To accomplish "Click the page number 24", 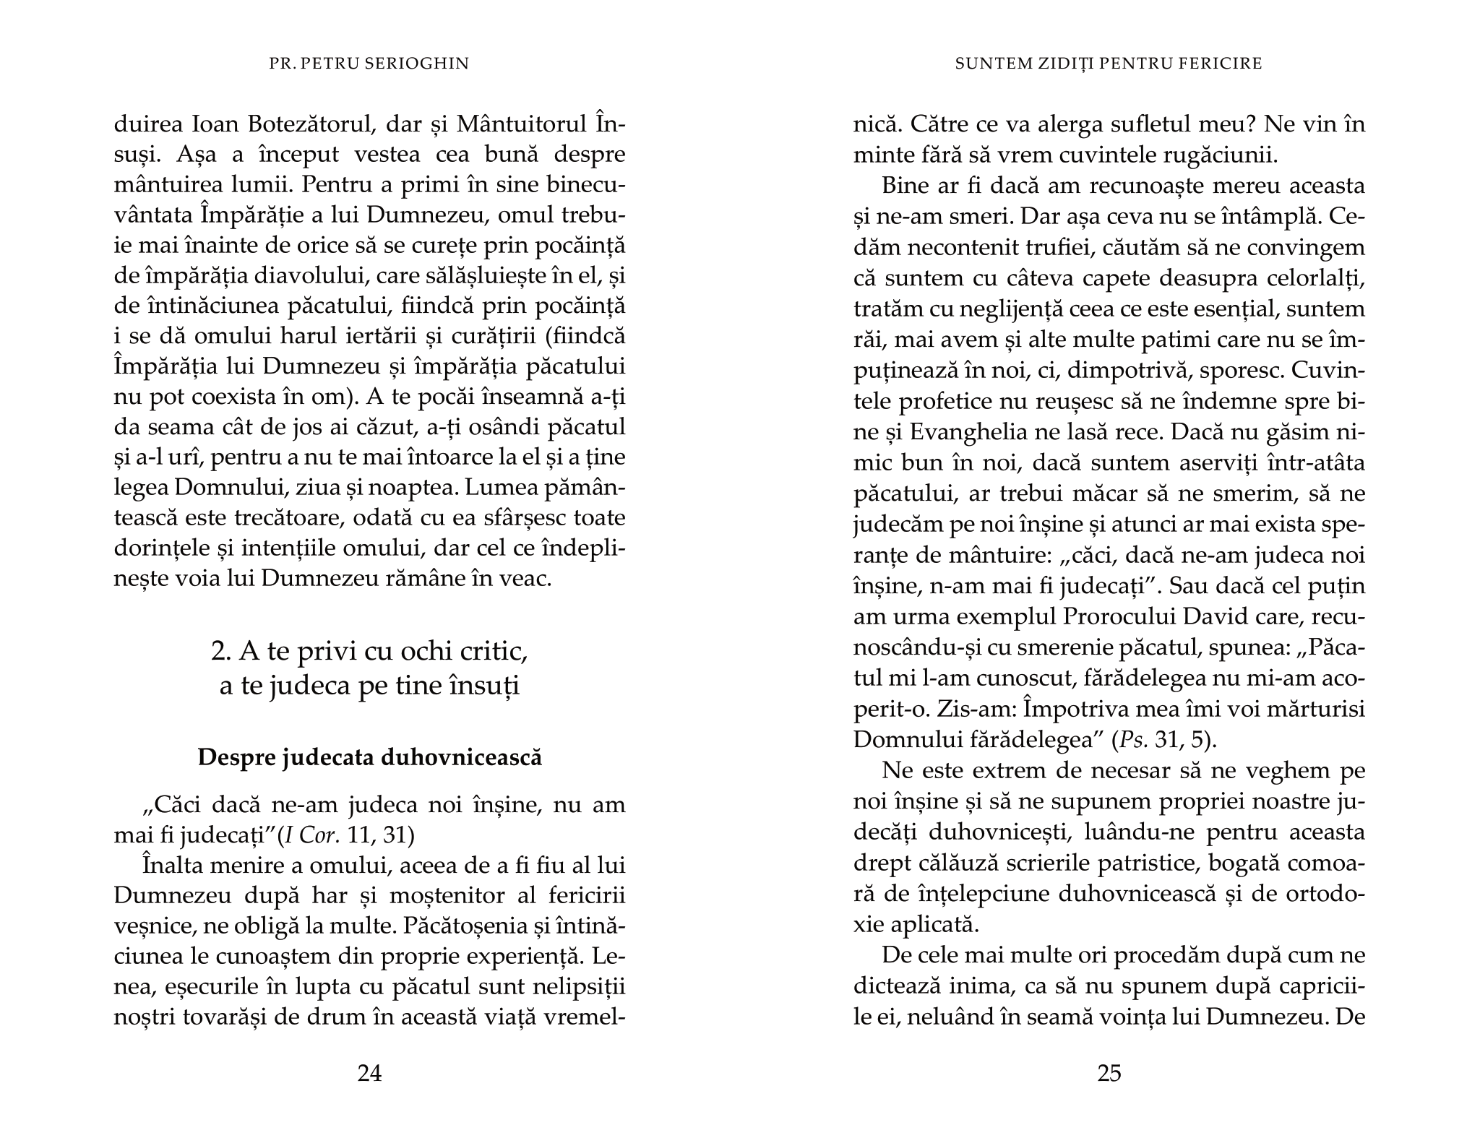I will (369, 1074).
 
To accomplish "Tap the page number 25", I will (1109, 1074).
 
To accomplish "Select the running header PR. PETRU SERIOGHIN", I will (369, 64).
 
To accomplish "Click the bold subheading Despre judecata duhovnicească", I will (369, 758).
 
